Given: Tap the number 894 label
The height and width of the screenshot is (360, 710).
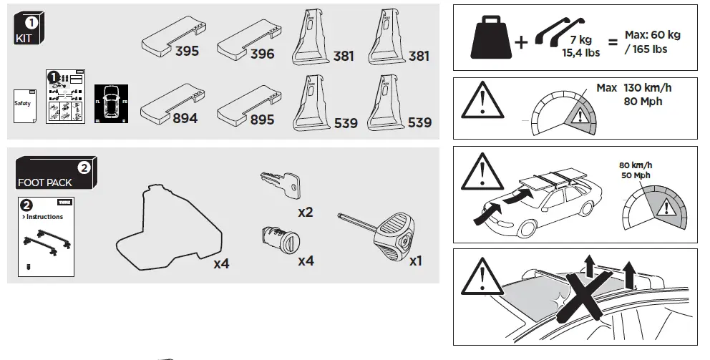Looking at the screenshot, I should (185, 119).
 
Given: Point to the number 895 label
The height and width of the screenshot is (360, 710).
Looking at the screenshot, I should (262, 120).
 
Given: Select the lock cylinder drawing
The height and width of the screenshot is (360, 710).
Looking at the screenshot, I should (278, 235).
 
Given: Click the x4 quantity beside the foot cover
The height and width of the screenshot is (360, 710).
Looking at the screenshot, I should (221, 263).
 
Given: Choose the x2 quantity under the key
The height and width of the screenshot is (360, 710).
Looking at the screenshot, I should (306, 212).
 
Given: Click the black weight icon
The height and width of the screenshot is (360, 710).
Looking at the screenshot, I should (490, 39).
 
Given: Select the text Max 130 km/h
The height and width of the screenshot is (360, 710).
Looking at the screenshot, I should (634, 88).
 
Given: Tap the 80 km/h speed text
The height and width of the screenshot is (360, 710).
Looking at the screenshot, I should (636, 165).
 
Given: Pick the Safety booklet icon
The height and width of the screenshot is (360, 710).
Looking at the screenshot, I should (24, 104).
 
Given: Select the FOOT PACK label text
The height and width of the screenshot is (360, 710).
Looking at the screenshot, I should (44, 183).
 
